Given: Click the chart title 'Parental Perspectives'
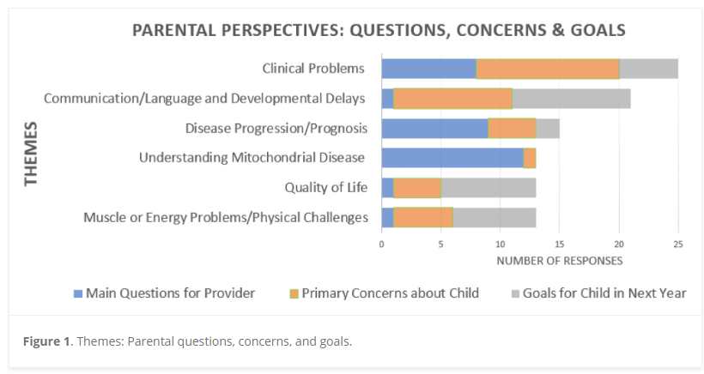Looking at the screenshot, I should tap(378, 30).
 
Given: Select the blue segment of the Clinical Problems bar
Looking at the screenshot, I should tap(428, 69).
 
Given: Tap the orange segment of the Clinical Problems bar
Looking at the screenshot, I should tap(548, 69).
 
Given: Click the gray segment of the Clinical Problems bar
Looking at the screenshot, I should tap(648, 69).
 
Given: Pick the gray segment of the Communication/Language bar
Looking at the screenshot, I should tap(571, 99).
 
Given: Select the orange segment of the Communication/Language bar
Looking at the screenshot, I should tap(452, 99).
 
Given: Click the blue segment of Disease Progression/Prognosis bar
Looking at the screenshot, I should tap(434, 129).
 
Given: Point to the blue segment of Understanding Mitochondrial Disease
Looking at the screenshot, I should tap(452, 158).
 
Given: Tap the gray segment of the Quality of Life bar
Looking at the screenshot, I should tap(488, 188).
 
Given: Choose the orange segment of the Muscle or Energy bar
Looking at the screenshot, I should tap(423, 218).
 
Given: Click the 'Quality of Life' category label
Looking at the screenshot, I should tap(326, 188).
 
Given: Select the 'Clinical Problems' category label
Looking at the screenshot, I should tap(313, 69).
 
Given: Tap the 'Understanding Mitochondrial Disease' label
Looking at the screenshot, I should tap(252, 158).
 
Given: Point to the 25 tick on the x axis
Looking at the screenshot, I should tap(678, 244).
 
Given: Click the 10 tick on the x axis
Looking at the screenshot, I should tap(501, 244).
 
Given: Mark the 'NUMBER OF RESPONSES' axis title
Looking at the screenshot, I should tap(560, 260).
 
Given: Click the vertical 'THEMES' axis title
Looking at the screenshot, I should tap(32, 154).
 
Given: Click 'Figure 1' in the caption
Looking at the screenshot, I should tap(47, 341).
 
